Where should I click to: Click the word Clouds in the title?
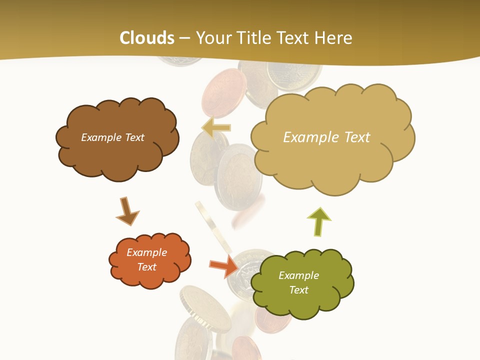click(147, 38)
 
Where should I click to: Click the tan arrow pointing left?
click(215, 127)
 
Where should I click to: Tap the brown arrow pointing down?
click(127, 211)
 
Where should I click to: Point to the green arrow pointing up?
click(318, 220)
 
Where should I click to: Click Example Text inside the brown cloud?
click(112, 137)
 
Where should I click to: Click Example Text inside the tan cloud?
click(326, 137)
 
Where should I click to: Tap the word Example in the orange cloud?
click(146, 252)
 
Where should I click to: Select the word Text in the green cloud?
click(298, 290)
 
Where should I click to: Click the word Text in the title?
click(298, 38)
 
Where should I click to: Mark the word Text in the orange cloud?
click(146, 267)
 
